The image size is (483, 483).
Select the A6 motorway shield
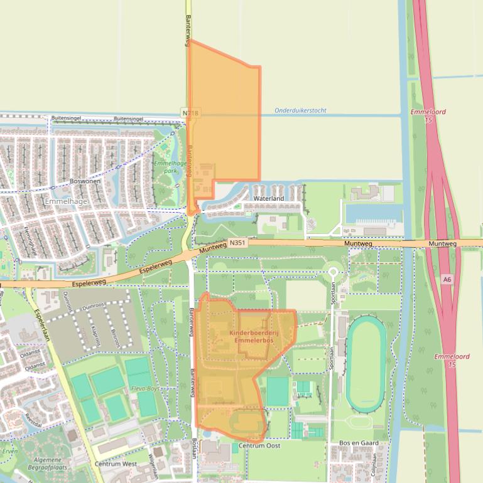447,279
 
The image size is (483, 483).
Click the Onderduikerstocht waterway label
300,110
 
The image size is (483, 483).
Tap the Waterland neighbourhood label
268,198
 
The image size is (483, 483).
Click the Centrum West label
116,464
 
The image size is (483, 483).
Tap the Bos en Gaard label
358,443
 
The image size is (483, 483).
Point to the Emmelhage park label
166,167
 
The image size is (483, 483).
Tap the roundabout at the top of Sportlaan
333,272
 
